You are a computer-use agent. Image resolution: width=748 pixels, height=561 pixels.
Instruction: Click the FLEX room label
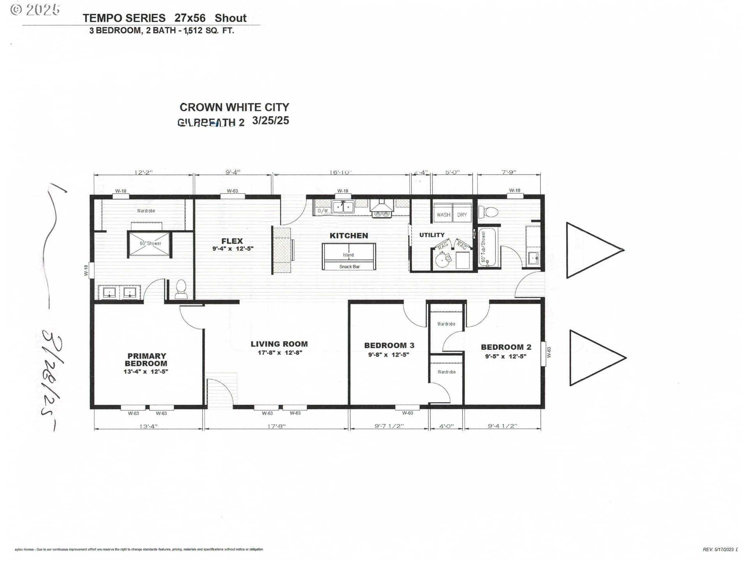[232, 241]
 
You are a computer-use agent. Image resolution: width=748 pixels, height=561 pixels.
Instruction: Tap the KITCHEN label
[349, 236]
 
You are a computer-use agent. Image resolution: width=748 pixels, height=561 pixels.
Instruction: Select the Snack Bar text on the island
[349, 267]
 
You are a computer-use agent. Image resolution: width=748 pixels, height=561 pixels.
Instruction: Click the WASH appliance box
[443, 215]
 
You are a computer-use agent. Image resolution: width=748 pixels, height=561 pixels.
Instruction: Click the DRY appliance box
[462, 215]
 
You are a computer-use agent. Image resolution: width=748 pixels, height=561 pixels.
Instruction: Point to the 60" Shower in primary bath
[150, 244]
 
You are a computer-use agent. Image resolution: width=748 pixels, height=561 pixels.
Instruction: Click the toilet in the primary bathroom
[181, 289]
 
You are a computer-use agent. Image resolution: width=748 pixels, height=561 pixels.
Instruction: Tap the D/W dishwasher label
[322, 211]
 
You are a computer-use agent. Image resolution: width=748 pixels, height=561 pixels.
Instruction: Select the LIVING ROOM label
[279, 344]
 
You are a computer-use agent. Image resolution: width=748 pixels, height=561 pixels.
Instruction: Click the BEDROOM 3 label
[389, 346]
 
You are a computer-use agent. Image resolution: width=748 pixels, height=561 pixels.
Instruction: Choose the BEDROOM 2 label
[506, 347]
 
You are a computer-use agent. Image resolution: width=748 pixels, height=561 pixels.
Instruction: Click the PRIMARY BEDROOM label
[146, 360]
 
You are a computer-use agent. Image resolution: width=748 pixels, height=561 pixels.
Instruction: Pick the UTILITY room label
[432, 235]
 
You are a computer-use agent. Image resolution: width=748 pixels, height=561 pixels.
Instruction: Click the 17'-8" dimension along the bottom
[276, 426]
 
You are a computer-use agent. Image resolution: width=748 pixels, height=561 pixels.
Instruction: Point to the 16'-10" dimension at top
[340, 172]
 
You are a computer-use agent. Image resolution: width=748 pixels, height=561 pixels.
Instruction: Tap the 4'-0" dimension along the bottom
[446, 426]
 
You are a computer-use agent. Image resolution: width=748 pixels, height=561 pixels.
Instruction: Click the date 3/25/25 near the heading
[270, 121]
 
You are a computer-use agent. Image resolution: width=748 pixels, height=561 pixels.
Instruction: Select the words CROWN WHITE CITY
[234, 107]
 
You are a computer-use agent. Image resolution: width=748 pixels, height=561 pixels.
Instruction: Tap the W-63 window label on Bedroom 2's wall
[549, 353]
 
